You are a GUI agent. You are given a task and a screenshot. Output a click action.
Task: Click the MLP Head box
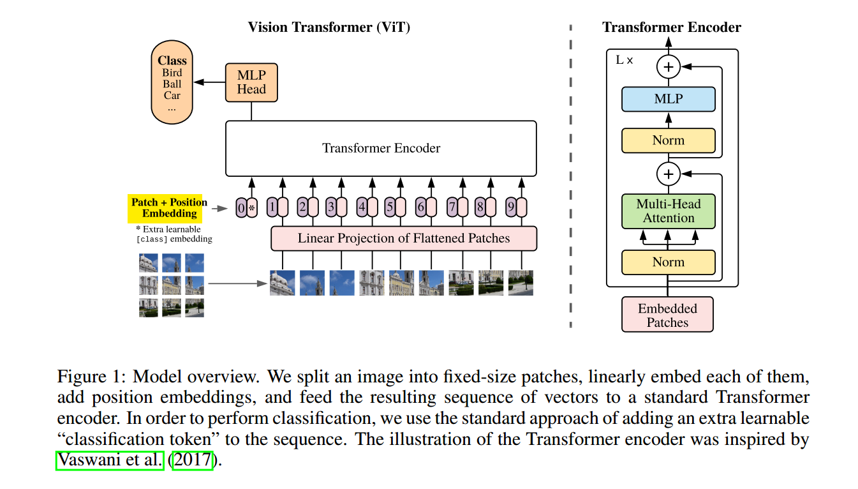pyautogui.click(x=251, y=82)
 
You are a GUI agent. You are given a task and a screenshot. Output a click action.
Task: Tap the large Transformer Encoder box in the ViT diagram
pyautogui.click(x=381, y=148)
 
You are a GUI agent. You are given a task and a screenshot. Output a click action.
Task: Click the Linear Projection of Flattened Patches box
pyautogui.click(x=404, y=238)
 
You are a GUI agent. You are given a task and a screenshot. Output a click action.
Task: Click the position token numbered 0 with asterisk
pyautogui.click(x=246, y=207)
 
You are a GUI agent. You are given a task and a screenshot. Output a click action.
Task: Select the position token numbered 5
pyautogui.click(x=395, y=207)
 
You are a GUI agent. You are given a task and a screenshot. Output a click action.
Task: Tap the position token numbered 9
pyautogui.click(x=516, y=207)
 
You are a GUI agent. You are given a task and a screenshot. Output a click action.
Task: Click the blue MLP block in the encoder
pyautogui.click(x=668, y=100)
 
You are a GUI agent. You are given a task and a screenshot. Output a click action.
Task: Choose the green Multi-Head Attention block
pyautogui.click(x=668, y=211)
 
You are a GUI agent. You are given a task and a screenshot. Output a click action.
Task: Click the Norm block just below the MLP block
pyautogui.click(x=668, y=140)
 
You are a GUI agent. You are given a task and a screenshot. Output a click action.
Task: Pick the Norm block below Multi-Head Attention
pyautogui.click(x=668, y=262)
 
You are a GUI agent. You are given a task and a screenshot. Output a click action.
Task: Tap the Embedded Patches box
pyautogui.click(x=667, y=315)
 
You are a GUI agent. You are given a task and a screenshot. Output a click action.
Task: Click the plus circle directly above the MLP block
pyautogui.click(x=669, y=66)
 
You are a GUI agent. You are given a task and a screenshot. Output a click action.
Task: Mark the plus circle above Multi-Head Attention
pyautogui.click(x=669, y=173)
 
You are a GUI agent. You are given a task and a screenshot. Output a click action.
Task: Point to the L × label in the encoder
pyautogui.click(x=625, y=60)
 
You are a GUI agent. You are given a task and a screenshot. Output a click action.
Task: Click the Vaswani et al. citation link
pyautogui.click(x=110, y=460)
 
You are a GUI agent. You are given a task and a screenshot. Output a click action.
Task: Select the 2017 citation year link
pyautogui.click(x=193, y=460)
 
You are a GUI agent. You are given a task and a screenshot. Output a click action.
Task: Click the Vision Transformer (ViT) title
pyautogui.click(x=329, y=27)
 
